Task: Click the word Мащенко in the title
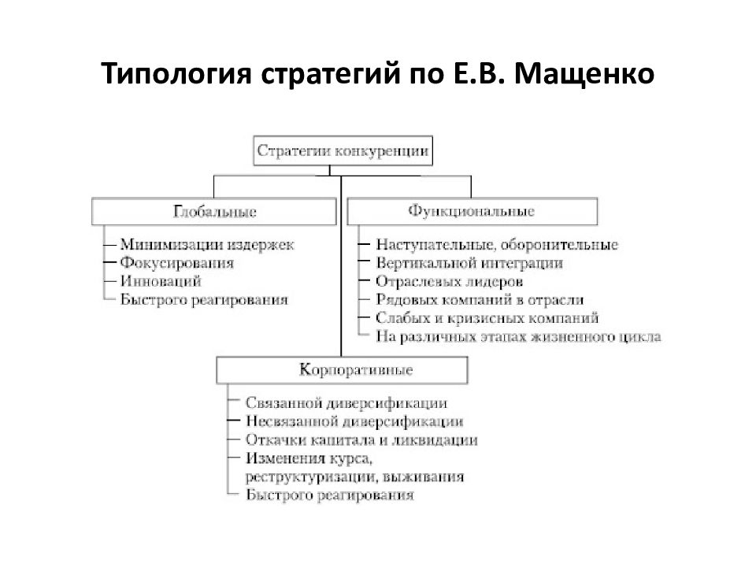[584, 74]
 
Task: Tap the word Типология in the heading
[176, 74]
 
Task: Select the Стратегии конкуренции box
[343, 151]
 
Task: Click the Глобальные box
[214, 212]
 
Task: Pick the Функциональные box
[472, 211]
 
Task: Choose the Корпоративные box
[342, 370]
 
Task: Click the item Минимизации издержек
[207, 244]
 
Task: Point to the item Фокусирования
[177, 263]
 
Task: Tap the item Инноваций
[161, 281]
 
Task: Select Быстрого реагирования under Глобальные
[204, 300]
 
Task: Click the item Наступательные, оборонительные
[497, 245]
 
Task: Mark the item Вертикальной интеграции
[469, 263]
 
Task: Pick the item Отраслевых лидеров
[450, 282]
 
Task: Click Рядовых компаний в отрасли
[480, 300]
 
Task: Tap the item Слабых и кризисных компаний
[487, 318]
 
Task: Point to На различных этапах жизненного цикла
[518, 336]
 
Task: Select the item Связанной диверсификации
[346, 403]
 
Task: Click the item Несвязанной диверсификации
[354, 421]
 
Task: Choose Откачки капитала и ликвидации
[361, 439]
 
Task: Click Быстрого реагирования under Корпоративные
[330, 495]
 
